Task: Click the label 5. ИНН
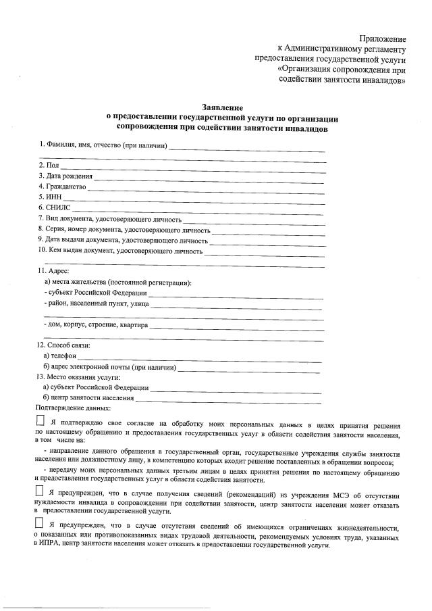click(x=49, y=197)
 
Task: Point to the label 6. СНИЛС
click(x=54, y=207)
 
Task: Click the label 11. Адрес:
click(x=53, y=271)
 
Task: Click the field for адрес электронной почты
click(x=250, y=369)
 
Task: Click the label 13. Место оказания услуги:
click(x=78, y=377)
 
